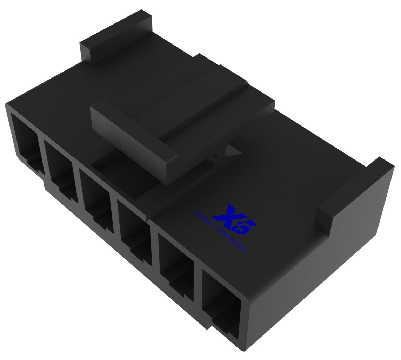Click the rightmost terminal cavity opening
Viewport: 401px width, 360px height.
(x=221, y=301)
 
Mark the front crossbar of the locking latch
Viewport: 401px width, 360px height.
(x=133, y=140)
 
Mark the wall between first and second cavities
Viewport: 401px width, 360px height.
(x=41, y=154)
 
